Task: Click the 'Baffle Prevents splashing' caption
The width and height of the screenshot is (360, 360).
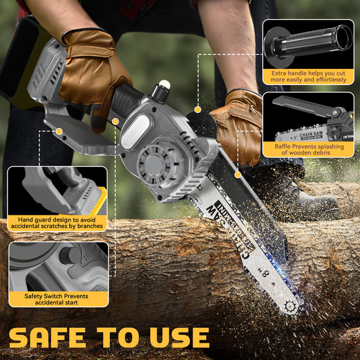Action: [308, 149]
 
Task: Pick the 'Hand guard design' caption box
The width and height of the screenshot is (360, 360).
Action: [56, 223]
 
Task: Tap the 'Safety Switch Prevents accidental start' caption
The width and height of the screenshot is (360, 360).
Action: [56, 299]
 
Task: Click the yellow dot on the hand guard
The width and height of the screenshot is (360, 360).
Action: [60, 131]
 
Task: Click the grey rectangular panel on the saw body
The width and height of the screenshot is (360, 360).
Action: [132, 133]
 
